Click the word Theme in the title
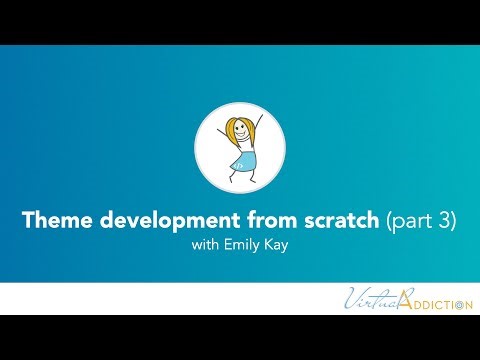pyautogui.click(x=52, y=221)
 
